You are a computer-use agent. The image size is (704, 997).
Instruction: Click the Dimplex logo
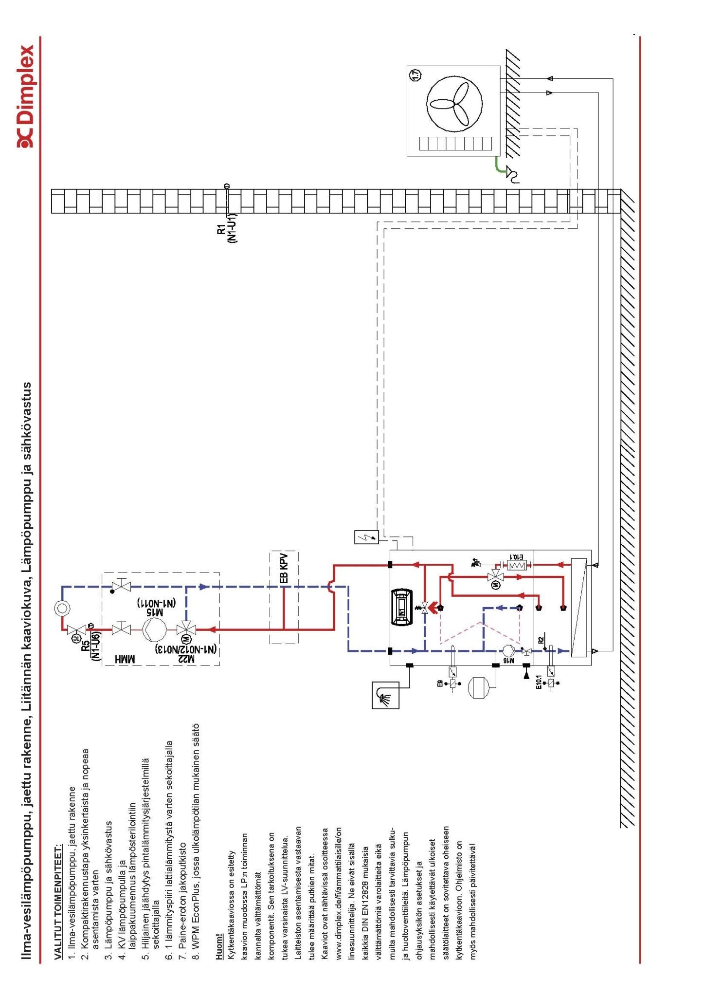pos(25,96)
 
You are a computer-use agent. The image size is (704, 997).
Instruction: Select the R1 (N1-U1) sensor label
pos(227,228)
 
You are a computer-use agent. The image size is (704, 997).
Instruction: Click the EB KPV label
pos(284,568)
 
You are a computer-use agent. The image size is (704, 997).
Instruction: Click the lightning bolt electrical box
pos(366,537)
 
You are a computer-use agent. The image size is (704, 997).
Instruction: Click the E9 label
pos(440,683)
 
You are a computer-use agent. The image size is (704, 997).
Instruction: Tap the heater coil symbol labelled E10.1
pos(516,565)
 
